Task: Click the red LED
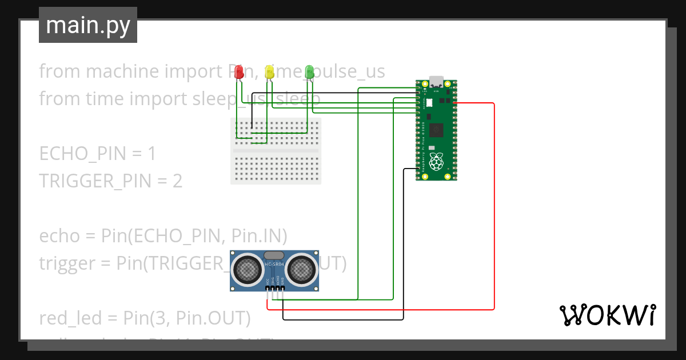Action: pos(240,72)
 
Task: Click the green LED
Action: pos(309,71)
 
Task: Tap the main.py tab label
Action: pos(88,25)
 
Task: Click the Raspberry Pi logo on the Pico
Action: pos(437,162)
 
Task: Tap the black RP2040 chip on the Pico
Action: pos(437,130)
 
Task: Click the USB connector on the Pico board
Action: pos(437,81)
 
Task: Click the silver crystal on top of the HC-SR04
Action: pos(274,255)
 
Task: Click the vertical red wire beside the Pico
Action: pos(494,206)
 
